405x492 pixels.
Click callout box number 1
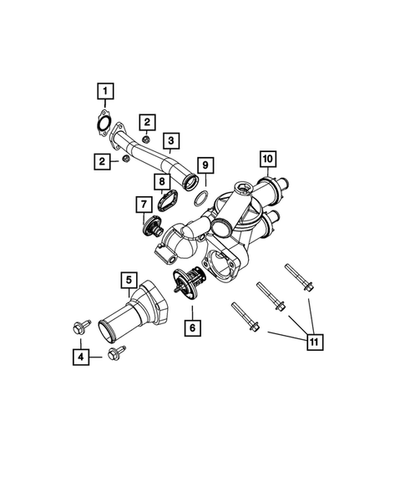(106, 89)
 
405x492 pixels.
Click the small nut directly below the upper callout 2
(146, 139)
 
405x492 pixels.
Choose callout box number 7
(143, 202)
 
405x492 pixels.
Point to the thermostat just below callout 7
(153, 228)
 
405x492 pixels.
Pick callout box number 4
(80, 358)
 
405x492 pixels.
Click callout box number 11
(314, 343)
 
